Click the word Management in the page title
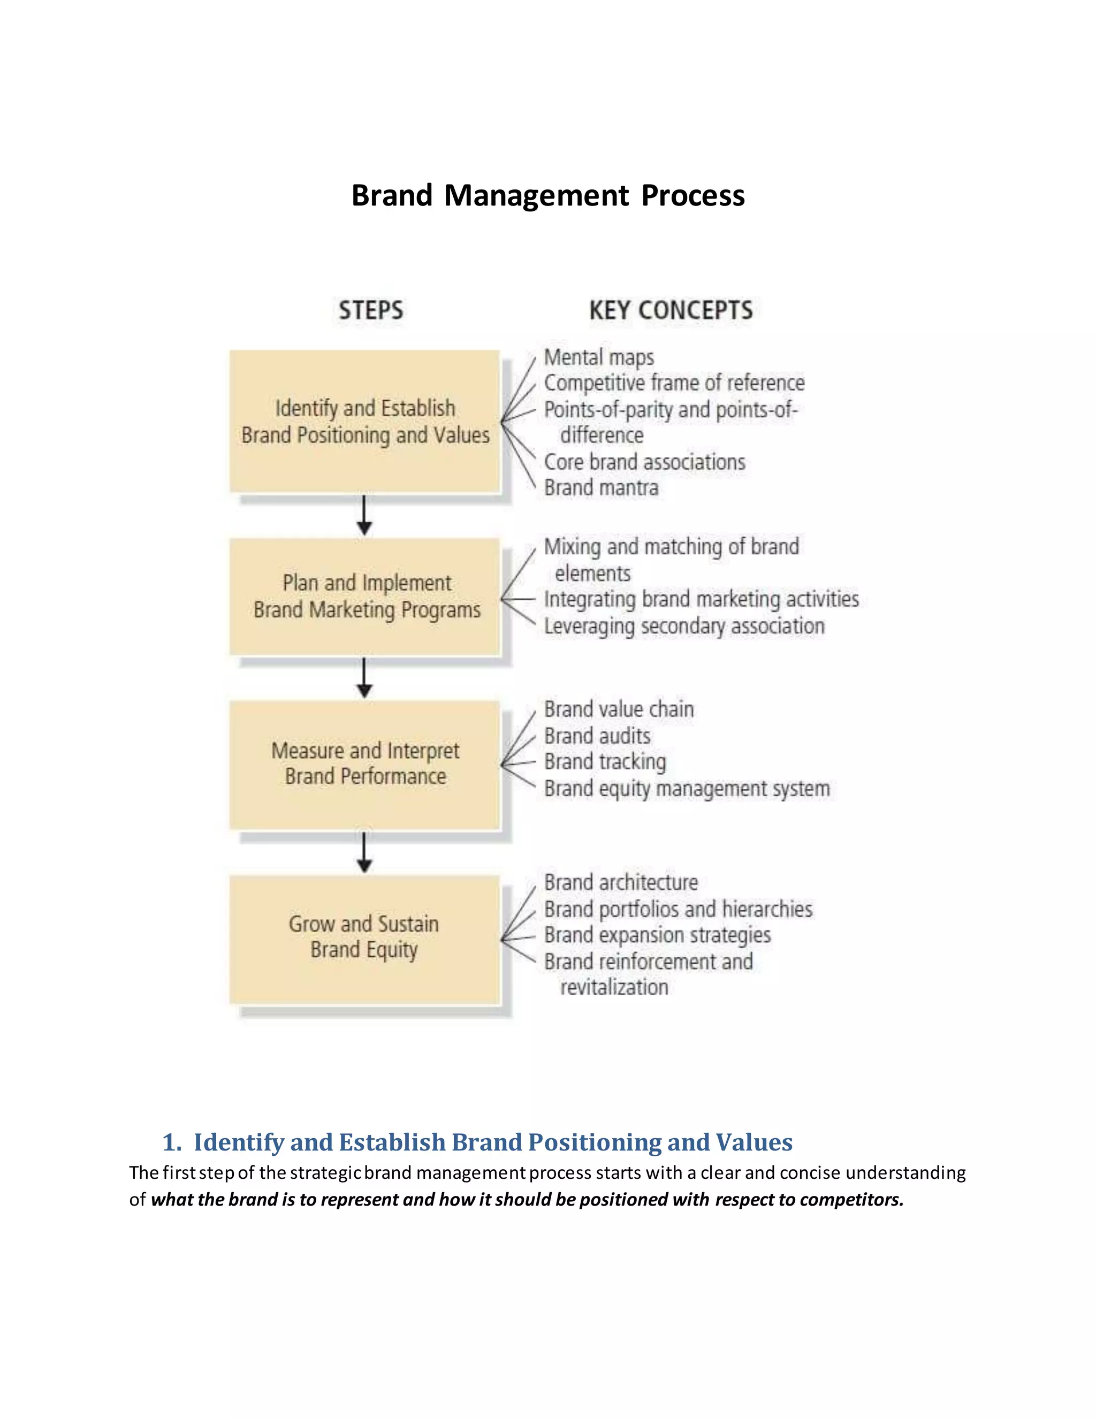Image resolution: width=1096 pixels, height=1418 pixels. [x=536, y=195]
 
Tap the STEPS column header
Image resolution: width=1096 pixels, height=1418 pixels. [x=371, y=310]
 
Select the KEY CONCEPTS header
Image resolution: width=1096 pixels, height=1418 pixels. [x=671, y=310]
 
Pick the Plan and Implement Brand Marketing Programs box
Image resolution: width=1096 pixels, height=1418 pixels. [x=365, y=596]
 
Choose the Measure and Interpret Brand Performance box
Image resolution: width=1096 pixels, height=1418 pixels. [x=365, y=764]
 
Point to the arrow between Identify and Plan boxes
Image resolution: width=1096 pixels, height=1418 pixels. [x=364, y=515]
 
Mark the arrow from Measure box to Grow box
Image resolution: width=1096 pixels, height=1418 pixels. [x=364, y=852]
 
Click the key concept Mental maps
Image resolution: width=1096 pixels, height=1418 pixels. [x=599, y=357]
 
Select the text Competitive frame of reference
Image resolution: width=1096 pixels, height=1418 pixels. [x=674, y=383]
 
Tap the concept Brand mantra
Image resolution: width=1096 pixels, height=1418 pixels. [x=601, y=487]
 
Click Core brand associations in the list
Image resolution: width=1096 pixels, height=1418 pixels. [x=645, y=462]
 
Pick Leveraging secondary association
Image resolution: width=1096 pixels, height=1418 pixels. [x=684, y=626]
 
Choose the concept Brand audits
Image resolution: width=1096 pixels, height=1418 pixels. [x=597, y=736]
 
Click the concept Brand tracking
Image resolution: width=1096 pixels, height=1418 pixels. [x=605, y=761]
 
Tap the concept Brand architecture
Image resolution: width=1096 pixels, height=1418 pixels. [x=621, y=882]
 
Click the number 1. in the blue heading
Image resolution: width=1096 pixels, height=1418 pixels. [x=171, y=1142]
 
